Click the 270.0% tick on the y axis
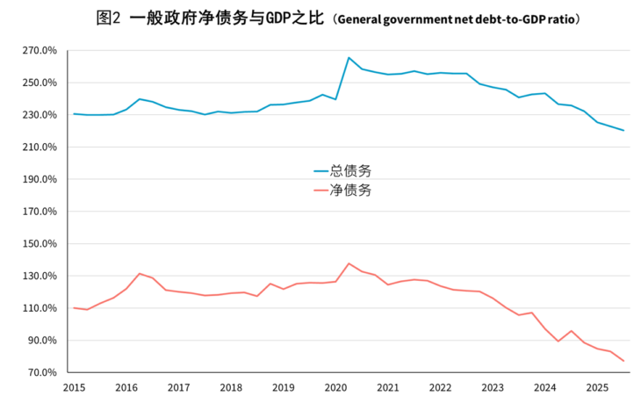40,51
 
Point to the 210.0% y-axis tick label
40,148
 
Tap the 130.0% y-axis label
40,276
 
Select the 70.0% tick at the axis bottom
43,372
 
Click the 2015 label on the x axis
74,387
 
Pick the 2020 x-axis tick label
335,387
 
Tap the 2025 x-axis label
597,387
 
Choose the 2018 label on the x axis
231,387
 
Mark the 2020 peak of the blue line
349,58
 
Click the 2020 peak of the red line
349,263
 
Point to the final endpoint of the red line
623,361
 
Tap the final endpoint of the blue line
623,131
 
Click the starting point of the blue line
74,113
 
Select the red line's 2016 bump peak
140,273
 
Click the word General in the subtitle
359,19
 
